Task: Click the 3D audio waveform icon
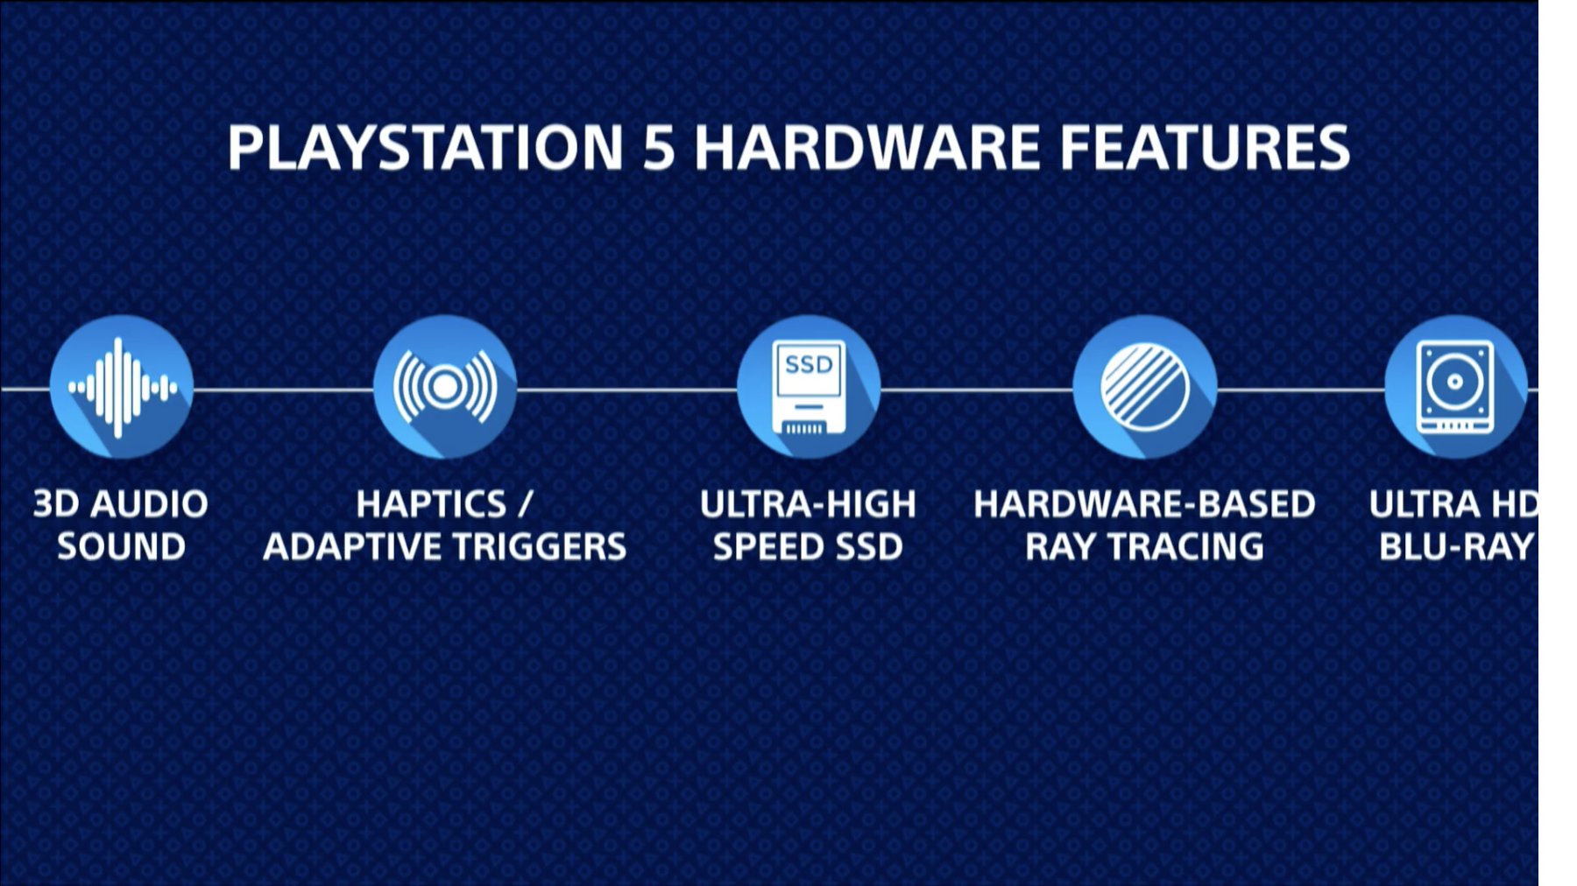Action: (121, 387)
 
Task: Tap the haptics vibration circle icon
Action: (445, 387)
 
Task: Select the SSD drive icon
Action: (809, 387)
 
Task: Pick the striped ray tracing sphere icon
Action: (1145, 387)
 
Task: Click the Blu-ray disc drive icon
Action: (1455, 387)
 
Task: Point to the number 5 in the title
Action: (659, 147)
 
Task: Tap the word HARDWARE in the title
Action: (867, 147)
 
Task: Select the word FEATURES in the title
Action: (1206, 147)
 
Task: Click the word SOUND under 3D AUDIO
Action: (121, 547)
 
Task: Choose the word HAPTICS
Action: (431, 504)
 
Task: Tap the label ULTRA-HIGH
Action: (808, 504)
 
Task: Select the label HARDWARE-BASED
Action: (1144, 504)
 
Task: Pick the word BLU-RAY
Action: (1457, 547)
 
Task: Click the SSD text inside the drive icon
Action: (809, 364)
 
